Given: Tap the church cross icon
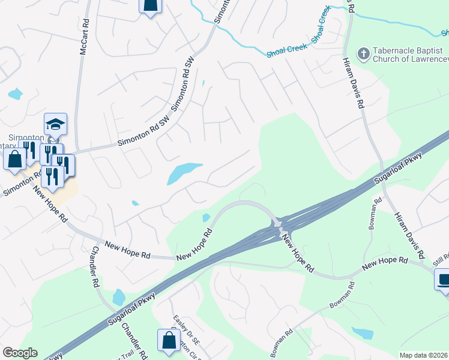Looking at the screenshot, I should tap(363, 54).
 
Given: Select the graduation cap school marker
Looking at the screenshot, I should tap(55, 124).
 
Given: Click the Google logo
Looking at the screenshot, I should tap(20, 353).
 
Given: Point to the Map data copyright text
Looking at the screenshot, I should tap(424, 355).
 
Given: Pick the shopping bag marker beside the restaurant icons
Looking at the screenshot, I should tap(15, 160).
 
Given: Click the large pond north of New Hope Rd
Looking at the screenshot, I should tap(183, 172).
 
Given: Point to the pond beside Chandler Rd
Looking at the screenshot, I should tap(118, 296).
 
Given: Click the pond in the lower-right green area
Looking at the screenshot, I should tap(363, 333).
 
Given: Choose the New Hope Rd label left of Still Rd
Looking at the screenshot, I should tap(385, 262).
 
